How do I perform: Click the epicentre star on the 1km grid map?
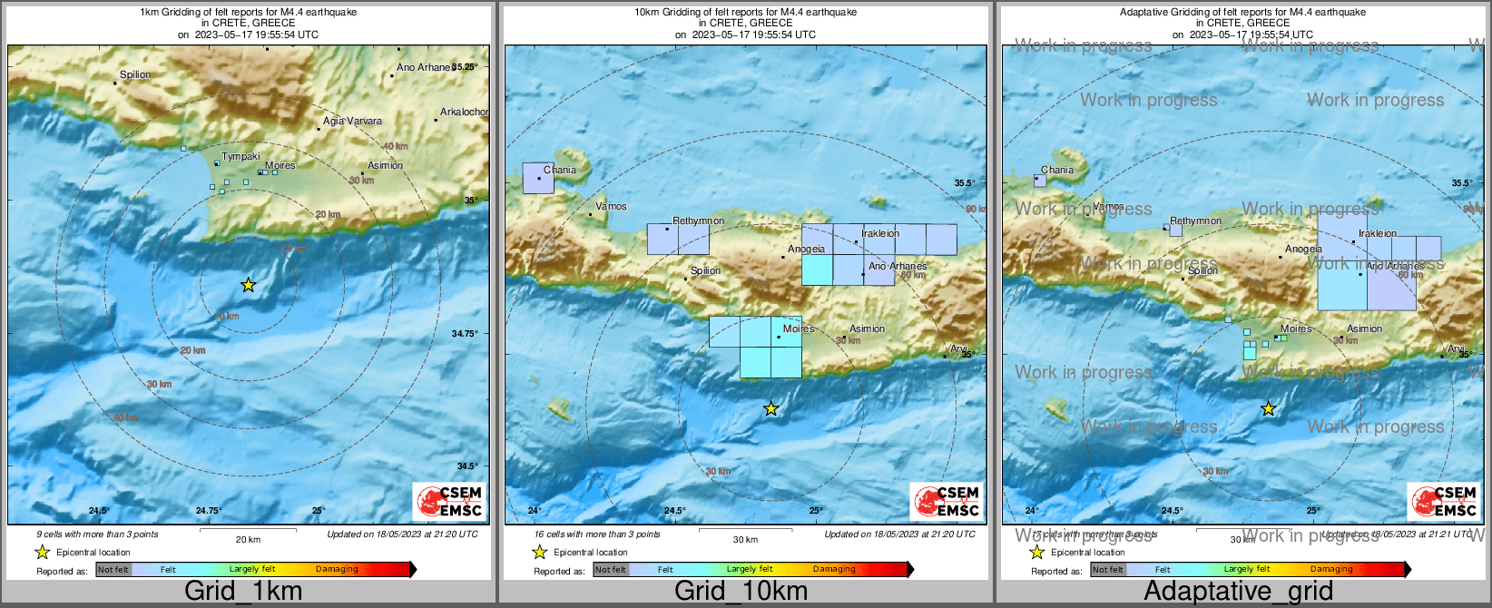tap(249, 285)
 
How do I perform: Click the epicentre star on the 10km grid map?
tap(771, 409)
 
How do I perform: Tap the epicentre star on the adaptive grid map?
tap(1269, 409)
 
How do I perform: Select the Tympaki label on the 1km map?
tap(240, 157)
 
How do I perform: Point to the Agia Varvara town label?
tap(352, 121)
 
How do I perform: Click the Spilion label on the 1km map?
tap(135, 75)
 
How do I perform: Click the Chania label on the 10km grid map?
tap(559, 170)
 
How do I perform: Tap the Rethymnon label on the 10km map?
tap(698, 221)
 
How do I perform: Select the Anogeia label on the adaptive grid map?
tap(1303, 249)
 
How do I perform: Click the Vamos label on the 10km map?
tap(611, 206)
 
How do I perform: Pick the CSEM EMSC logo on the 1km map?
tap(449, 501)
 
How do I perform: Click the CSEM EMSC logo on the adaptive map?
tap(1443, 501)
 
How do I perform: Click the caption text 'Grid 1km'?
tap(243, 591)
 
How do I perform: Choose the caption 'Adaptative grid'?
tap(1238, 591)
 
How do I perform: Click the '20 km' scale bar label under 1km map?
tap(248, 539)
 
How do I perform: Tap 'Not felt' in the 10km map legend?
tap(610, 570)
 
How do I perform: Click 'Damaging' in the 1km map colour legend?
tap(337, 569)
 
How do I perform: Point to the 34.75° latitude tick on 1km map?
tap(465, 333)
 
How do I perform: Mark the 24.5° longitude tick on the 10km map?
tap(674, 510)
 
